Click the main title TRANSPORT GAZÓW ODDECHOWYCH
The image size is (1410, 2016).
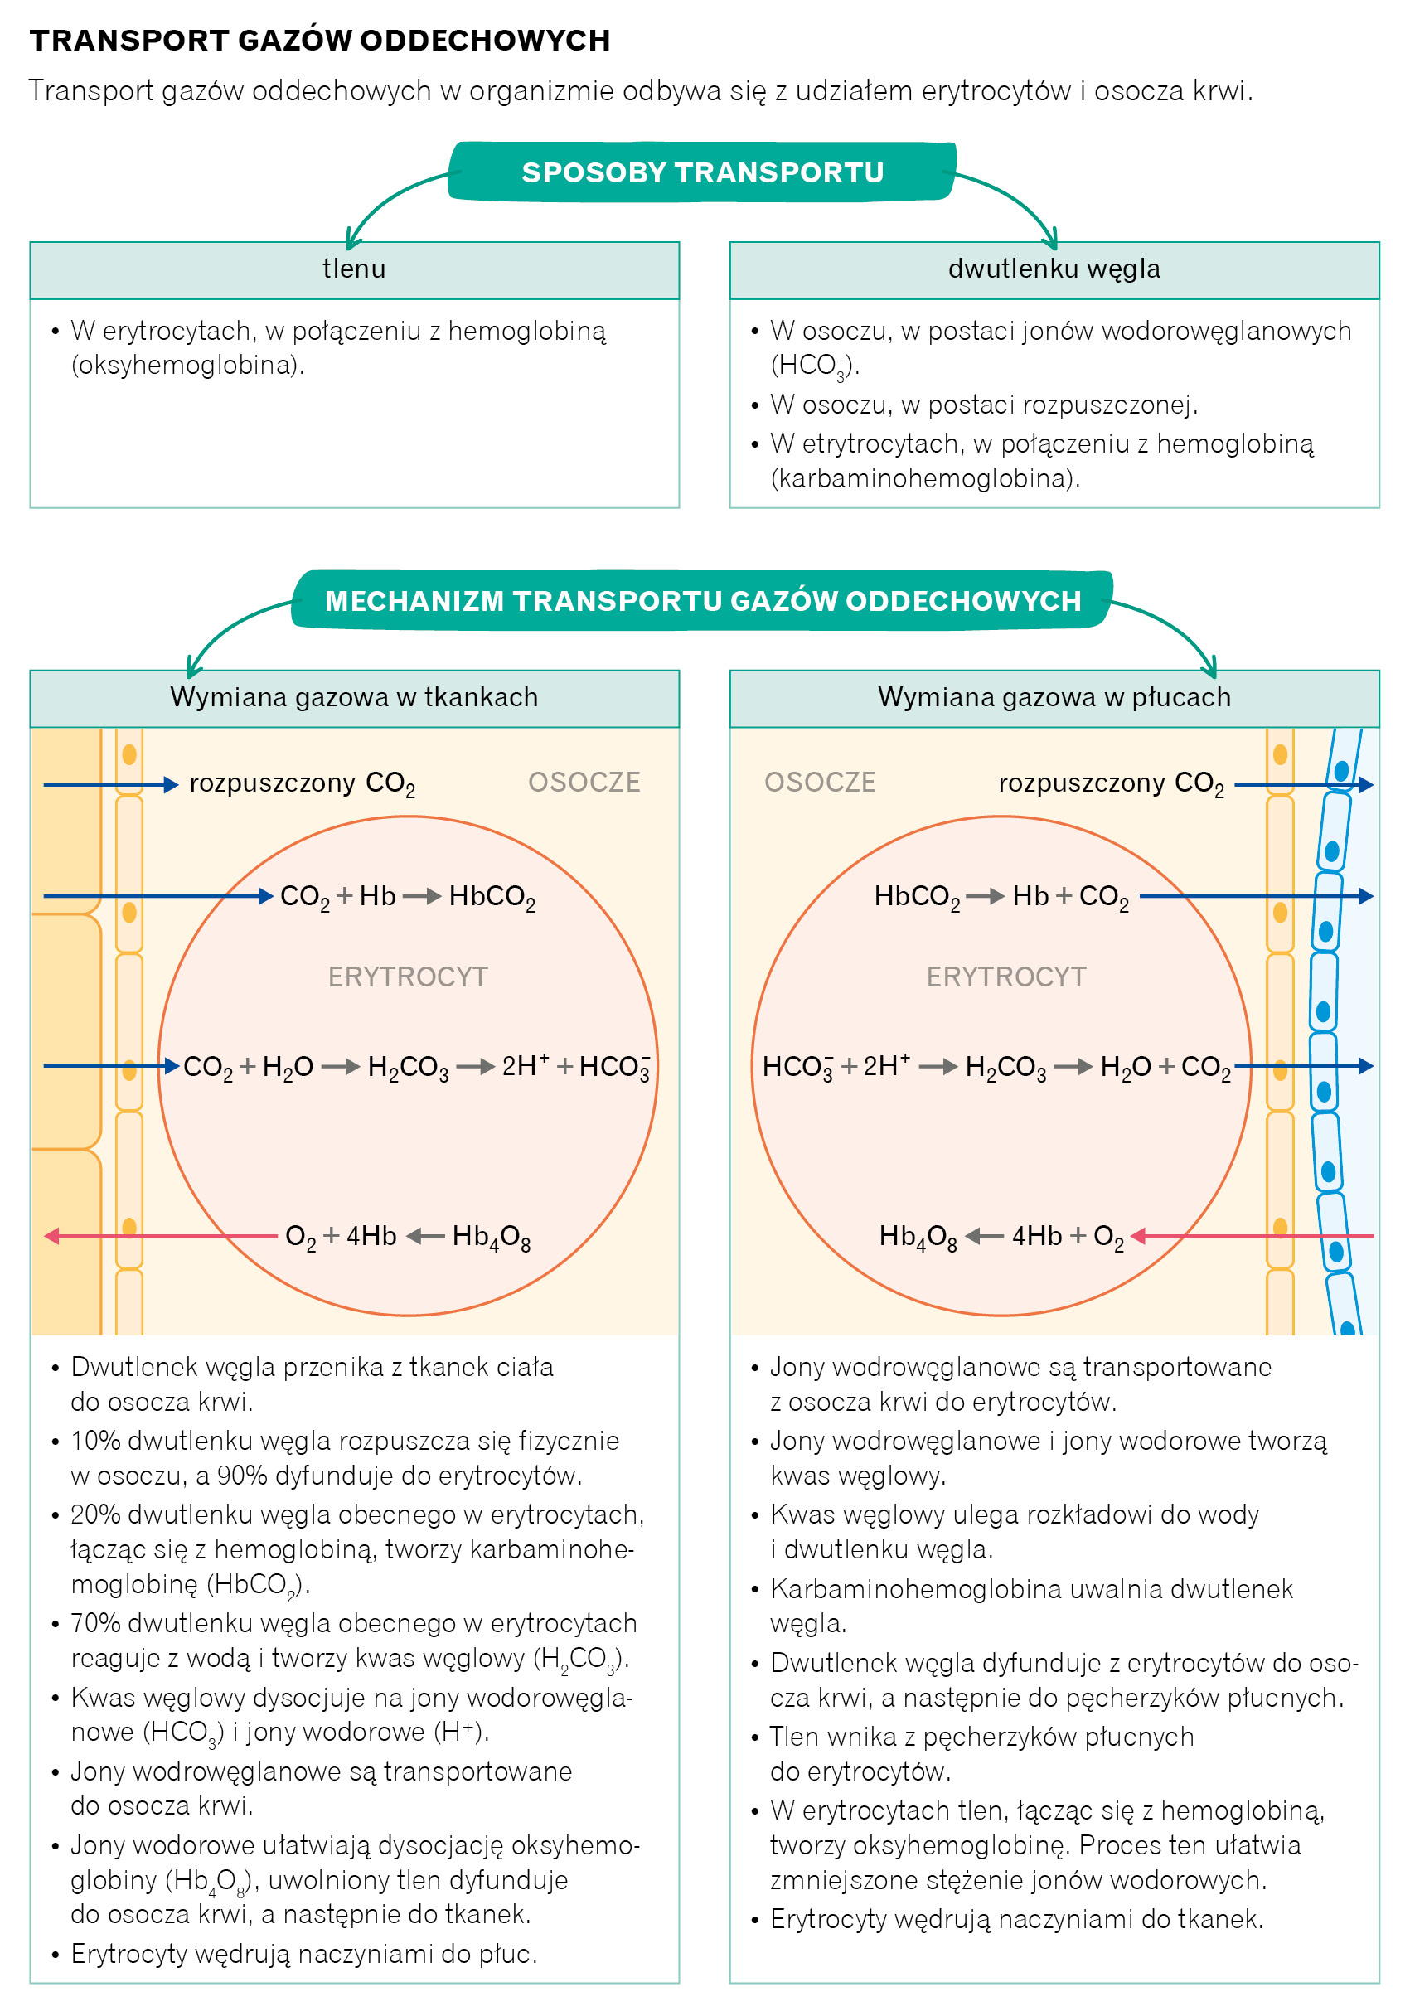[x=320, y=41]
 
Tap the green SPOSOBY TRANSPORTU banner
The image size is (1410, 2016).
[x=701, y=172]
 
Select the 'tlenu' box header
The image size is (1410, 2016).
[x=354, y=269]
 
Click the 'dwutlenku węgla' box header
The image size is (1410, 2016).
[x=1054, y=269]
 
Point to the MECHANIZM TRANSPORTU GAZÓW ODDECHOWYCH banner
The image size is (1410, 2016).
[x=701, y=601]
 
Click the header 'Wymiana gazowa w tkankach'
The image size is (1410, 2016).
[x=354, y=697]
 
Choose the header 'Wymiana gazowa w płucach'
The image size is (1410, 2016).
[x=1054, y=697]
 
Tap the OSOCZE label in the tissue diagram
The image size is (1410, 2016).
[x=584, y=783]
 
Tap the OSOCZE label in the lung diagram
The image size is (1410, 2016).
[x=820, y=783]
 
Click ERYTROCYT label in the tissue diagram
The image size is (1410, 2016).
[x=407, y=976]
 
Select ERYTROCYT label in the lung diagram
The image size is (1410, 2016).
[x=1006, y=976]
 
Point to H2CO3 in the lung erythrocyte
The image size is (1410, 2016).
[x=1005, y=1068]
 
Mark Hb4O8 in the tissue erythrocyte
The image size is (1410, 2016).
[x=491, y=1237]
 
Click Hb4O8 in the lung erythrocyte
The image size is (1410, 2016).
[x=918, y=1237]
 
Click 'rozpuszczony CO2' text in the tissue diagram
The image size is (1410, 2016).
[x=302, y=783]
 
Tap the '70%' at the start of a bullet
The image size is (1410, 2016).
[x=95, y=1624]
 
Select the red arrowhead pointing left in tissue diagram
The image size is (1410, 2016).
[x=51, y=1236]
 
